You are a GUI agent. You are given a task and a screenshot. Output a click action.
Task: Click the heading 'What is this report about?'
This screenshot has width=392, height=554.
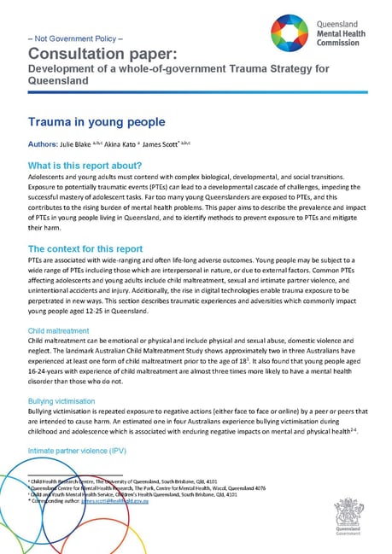(x=85, y=165)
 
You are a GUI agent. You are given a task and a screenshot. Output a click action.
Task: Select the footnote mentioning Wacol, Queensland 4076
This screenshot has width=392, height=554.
(x=129, y=488)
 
